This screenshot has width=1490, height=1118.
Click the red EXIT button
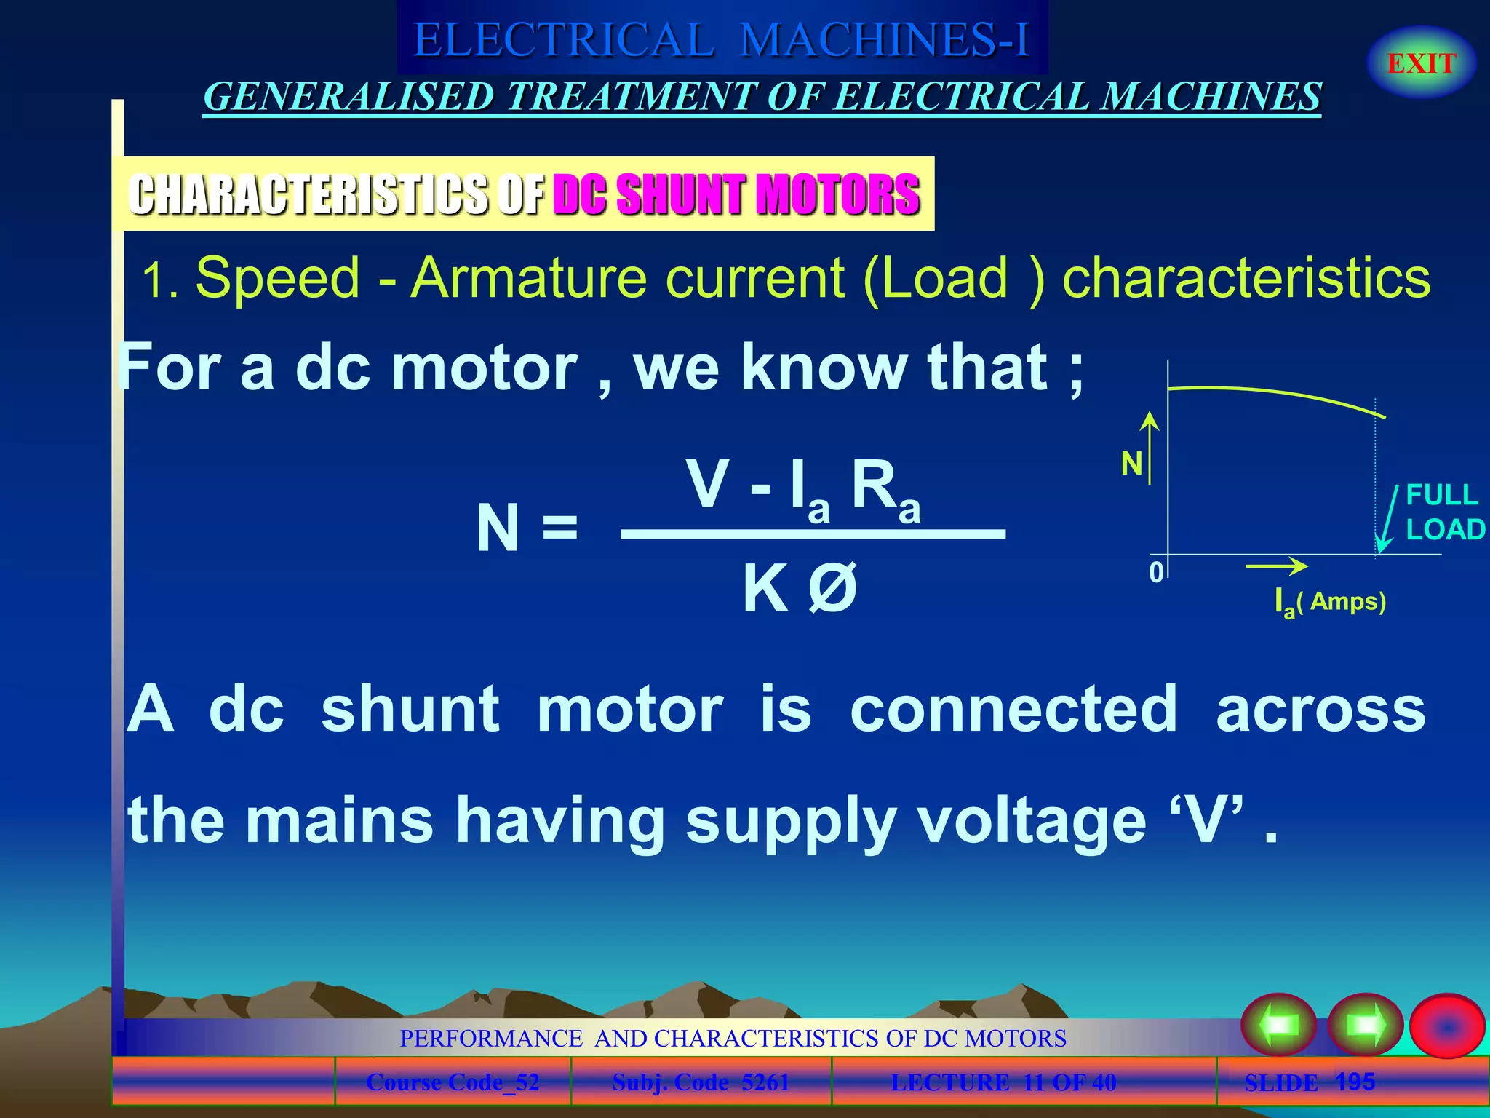click(x=1421, y=63)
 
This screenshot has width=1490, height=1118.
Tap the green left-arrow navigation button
click(x=1278, y=1025)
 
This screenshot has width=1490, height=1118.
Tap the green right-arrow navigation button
click(x=1365, y=1025)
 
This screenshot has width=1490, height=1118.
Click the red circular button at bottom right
click(x=1446, y=1026)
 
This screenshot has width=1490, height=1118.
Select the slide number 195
click(x=1355, y=1082)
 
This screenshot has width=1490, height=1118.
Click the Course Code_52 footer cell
click(x=453, y=1082)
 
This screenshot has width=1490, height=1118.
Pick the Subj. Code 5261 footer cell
click(x=701, y=1082)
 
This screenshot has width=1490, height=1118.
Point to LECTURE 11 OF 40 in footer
click(x=1003, y=1082)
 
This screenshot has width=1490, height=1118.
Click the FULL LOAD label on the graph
click(x=1443, y=512)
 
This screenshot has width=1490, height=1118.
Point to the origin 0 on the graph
click(x=1156, y=572)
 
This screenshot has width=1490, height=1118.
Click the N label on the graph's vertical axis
click(x=1131, y=464)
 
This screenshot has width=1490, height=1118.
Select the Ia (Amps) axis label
click(x=1330, y=603)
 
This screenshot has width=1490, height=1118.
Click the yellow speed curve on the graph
click(x=1273, y=393)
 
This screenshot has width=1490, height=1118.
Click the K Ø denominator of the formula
click(x=800, y=589)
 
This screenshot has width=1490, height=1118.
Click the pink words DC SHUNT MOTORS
click(x=736, y=194)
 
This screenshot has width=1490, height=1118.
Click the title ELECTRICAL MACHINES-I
click(x=722, y=39)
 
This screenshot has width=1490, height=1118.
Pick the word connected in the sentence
click(x=1013, y=709)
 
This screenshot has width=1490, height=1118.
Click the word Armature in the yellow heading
click(x=529, y=277)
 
